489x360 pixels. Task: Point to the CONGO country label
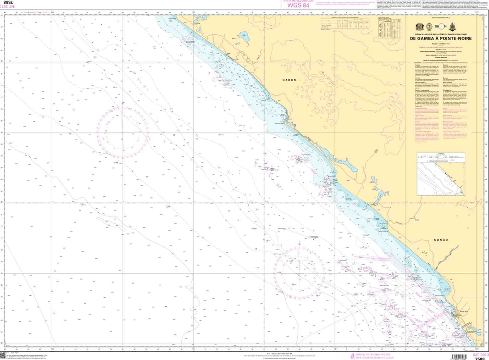click(440, 240)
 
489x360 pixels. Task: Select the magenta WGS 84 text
click(300, 5)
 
